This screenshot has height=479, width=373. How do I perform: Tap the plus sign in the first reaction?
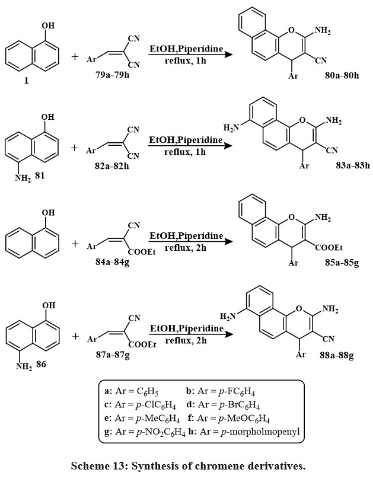tap(75, 58)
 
